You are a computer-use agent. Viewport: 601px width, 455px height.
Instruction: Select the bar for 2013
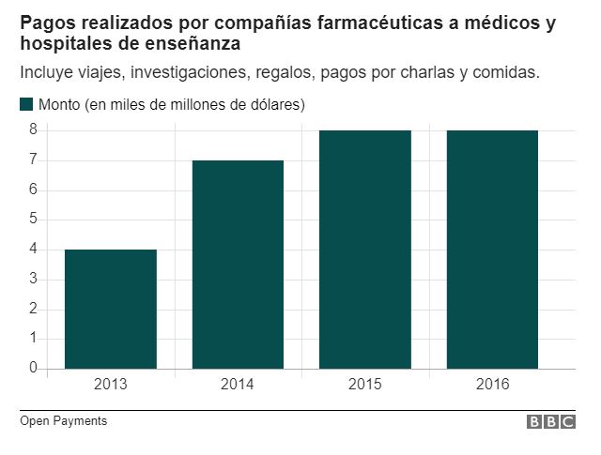pyautogui.click(x=111, y=309)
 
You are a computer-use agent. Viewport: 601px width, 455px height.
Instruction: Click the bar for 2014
pyautogui.click(x=238, y=265)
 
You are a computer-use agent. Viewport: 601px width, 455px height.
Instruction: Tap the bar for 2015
pyautogui.click(x=365, y=250)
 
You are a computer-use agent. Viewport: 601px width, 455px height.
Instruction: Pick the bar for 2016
pyautogui.click(x=492, y=250)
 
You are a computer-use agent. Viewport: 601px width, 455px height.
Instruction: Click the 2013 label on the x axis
pyautogui.click(x=111, y=384)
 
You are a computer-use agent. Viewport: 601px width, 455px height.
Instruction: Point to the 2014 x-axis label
pyautogui.click(x=238, y=384)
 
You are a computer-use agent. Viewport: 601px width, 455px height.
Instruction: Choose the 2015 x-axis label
pyautogui.click(x=365, y=384)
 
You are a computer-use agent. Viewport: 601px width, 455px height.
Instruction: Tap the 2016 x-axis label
pyautogui.click(x=492, y=384)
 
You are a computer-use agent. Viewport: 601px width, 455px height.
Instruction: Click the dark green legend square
pyautogui.click(x=26, y=104)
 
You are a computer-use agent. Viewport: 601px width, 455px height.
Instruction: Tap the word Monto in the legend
pyautogui.click(x=59, y=105)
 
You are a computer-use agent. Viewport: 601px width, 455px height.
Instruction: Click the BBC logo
pyautogui.click(x=550, y=422)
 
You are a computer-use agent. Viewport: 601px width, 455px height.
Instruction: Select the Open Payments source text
pyautogui.click(x=63, y=421)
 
